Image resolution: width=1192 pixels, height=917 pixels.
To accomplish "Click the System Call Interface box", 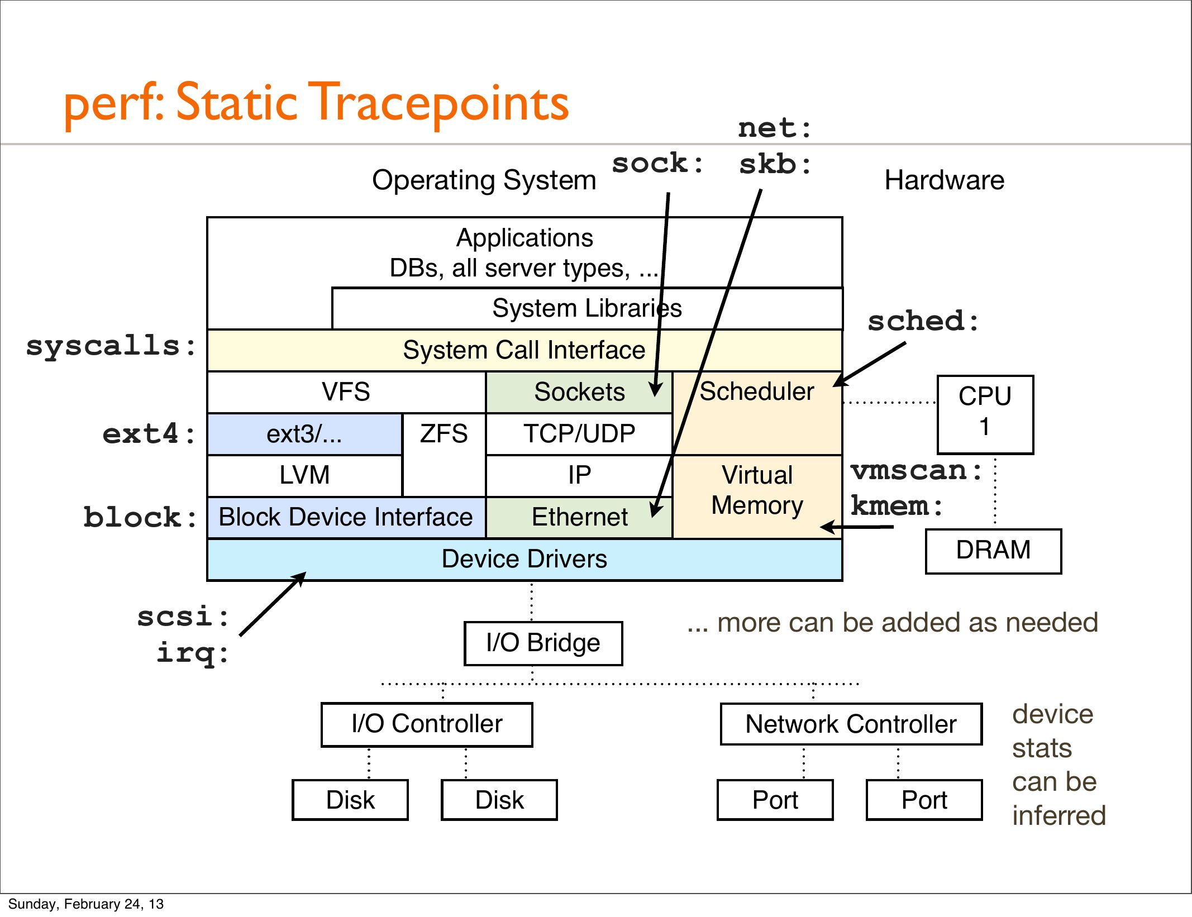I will [x=524, y=350].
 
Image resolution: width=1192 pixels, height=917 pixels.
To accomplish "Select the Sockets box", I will [x=579, y=392].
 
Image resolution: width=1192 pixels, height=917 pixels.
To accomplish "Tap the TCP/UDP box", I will [x=579, y=434].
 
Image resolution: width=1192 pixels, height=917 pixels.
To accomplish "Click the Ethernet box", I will [x=579, y=517].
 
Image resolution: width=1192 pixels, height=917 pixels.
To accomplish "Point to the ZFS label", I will [x=444, y=434].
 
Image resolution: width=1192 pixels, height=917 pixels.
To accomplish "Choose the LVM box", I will [x=304, y=475].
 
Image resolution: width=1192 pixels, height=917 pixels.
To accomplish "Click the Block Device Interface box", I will [x=346, y=517].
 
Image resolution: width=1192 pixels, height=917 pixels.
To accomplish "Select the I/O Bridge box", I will [x=543, y=643].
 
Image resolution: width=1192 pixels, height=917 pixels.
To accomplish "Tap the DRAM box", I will [x=993, y=550].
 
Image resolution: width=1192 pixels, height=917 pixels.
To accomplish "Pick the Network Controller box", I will [x=851, y=724].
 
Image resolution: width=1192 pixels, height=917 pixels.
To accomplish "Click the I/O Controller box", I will [x=427, y=724].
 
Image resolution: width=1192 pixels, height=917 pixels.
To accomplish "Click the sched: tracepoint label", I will [x=923, y=322].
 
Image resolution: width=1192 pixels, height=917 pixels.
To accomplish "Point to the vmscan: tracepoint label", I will [x=916, y=470].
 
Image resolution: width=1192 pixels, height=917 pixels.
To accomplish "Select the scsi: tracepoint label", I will [x=183, y=617].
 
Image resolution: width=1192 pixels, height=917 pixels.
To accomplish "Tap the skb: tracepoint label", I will [x=775, y=165].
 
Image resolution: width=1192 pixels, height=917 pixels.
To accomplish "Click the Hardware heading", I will [x=944, y=180].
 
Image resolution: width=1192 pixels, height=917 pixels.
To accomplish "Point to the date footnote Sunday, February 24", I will [x=85, y=904].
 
